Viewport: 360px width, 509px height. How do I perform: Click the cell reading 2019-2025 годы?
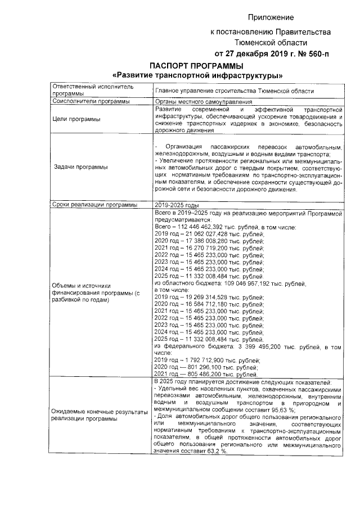tap(177, 205)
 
